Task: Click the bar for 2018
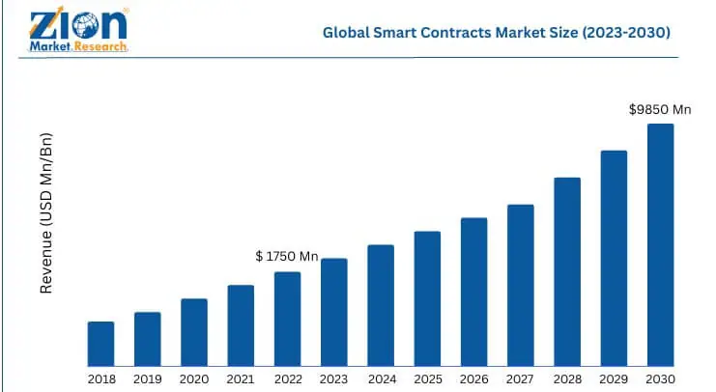[100, 344]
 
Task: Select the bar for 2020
[194, 332]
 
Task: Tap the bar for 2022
[287, 319]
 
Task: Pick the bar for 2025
[427, 298]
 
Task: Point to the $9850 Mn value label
[660, 110]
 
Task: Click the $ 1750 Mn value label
[287, 256]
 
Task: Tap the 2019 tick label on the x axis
[147, 378]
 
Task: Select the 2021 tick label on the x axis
[241, 378]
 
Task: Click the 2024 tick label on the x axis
[381, 378]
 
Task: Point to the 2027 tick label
[520, 378]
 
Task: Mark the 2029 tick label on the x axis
[614, 378]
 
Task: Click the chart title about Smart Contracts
[497, 32]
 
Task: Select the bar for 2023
[333, 312]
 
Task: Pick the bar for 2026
[473, 292]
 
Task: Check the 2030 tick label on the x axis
[660, 378]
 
